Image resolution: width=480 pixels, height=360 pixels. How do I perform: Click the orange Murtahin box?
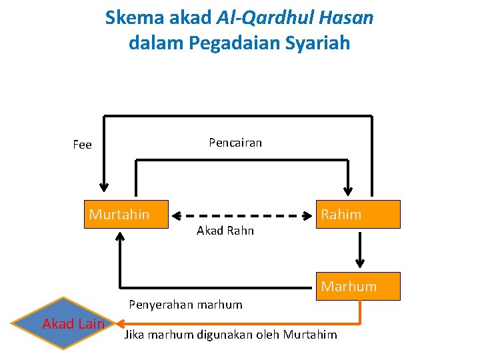pyautogui.click(x=125, y=215)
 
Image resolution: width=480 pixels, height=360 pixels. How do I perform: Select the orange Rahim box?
pyautogui.click(x=358, y=215)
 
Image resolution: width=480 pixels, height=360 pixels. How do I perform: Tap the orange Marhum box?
pyautogui.click(x=358, y=286)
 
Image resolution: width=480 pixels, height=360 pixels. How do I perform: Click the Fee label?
pyautogui.click(x=82, y=145)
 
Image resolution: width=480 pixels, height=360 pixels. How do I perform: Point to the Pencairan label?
pyautogui.click(x=235, y=143)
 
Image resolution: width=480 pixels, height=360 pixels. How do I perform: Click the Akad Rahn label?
pyautogui.click(x=225, y=231)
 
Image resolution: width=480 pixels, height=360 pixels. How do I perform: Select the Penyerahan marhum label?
pyautogui.click(x=185, y=305)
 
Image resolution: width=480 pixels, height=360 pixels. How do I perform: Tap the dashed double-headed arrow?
pyautogui.click(x=243, y=215)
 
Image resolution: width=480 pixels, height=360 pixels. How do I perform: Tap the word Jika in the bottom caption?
pyautogui.click(x=135, y=335)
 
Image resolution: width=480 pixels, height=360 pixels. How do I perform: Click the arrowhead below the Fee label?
pyautogui.click(x=103, y=186)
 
